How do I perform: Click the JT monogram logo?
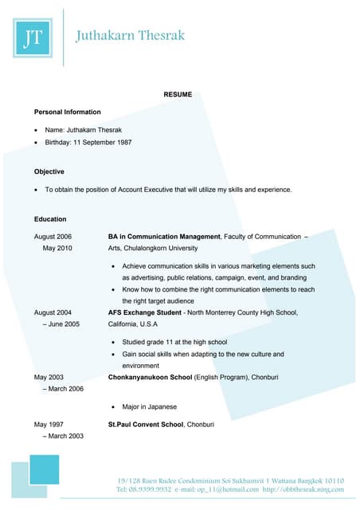pyautogui.click(x=33, y=38)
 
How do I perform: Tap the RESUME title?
pyautogui.click(x=178, y=95)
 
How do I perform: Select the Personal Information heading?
pyautogui.click(x=68, y=112)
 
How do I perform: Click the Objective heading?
pyautogui.click(x=49, y=171)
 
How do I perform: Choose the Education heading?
pyautogui.click(x=50, y=218)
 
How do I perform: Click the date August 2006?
pyautogui.click(x=53, y=237)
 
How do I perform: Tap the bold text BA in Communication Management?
pyautogui.click(x=164, y=237)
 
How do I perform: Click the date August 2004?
pyautogui.click(x=53, y=313)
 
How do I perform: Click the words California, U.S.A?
pyautogui.click(x=133, y=324)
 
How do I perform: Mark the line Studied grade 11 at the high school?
pyautogui.click(x=174, y=342)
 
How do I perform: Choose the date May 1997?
pyautogui.click(x=49, y=425)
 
